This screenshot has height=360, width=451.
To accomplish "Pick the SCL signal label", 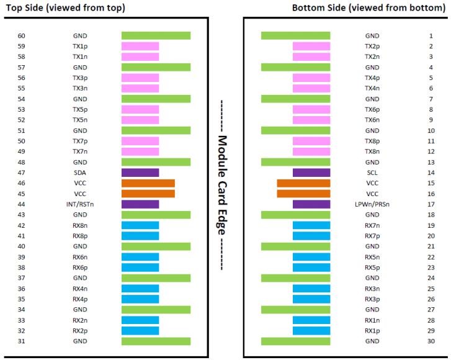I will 372,173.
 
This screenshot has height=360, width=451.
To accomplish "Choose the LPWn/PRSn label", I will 372,204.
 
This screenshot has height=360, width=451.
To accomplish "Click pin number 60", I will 22,36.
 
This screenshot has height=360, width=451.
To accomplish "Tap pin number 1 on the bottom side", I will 431,36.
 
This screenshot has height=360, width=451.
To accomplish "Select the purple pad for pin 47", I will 140,173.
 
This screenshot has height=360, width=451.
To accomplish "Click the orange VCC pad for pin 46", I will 148,183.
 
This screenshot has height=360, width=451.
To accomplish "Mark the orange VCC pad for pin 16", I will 303,194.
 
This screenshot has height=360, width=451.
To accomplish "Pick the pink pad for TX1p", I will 140,47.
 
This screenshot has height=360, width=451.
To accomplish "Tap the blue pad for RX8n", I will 140,225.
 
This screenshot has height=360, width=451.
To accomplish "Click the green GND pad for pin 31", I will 156,341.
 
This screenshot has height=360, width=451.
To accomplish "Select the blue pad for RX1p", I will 311,331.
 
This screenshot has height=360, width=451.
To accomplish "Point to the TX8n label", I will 372,151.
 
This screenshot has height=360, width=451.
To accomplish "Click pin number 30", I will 431,341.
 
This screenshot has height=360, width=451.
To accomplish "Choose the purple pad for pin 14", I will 311,173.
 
